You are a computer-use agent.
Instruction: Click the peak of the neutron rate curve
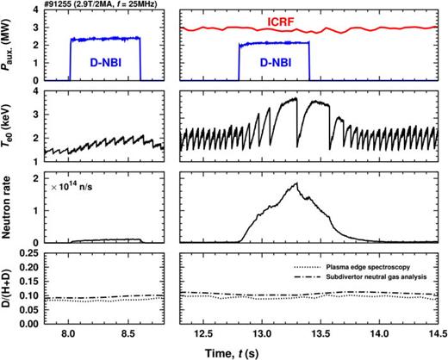(296, 183)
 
